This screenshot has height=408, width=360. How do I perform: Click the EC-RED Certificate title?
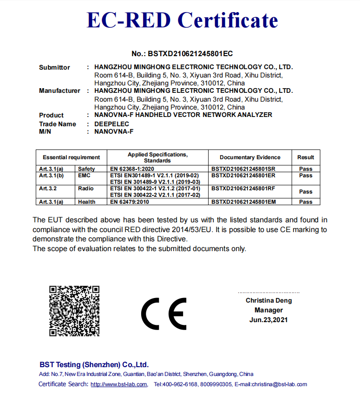182,20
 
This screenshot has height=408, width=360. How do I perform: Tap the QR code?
74,311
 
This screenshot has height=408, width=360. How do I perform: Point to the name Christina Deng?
269,301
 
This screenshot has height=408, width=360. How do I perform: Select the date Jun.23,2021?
268,320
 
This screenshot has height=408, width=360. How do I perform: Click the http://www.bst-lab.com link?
119,384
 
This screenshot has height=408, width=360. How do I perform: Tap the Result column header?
306,157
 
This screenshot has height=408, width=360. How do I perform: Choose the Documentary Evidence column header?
250,157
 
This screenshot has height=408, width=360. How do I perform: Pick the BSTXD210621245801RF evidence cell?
243,188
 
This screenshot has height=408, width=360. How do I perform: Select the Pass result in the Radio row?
306,191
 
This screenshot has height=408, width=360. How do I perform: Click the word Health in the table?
87,202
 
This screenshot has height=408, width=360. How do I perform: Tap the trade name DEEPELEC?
111,124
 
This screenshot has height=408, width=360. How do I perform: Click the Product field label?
51,115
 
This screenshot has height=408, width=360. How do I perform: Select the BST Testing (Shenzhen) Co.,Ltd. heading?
94,365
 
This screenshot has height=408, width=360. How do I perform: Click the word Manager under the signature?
268,310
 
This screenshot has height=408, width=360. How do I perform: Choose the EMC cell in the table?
85,175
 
